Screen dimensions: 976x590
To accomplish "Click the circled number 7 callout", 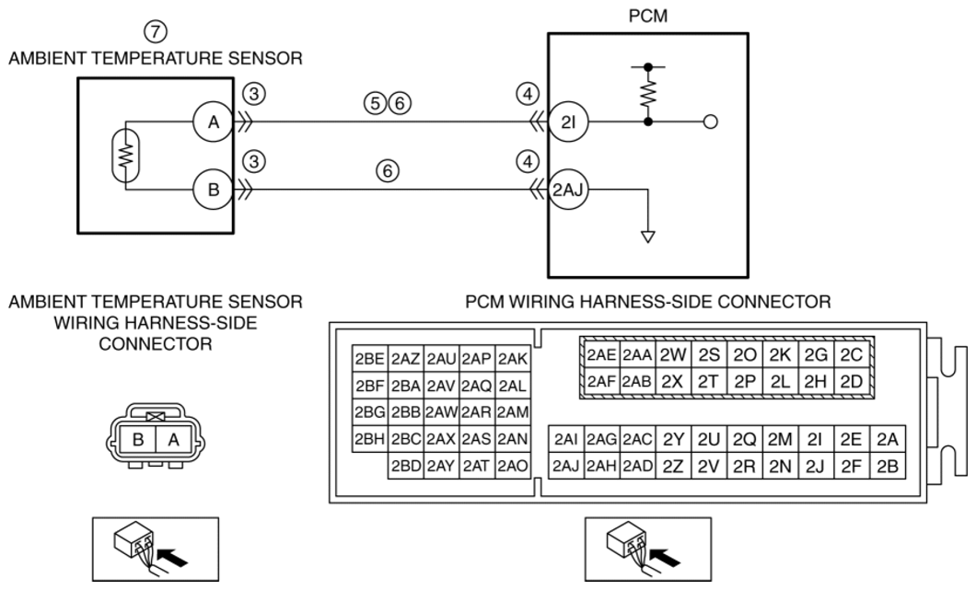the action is coord(156,31).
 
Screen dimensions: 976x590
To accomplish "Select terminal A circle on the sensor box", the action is coord(213,122).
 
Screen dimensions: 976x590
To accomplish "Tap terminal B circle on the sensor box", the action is coord(213,189).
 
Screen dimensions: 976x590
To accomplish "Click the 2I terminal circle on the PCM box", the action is coord(568,122).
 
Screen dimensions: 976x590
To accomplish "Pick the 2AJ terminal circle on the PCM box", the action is coord(568,190).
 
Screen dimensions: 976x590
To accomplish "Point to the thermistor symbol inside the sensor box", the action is coord(126,155).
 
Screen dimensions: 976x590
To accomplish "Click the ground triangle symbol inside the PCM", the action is coord(648,237).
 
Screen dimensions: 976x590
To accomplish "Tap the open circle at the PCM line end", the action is coord(710,122).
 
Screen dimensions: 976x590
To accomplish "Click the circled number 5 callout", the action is coord(375,103).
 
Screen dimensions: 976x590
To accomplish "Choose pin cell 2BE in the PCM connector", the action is coord(370,359).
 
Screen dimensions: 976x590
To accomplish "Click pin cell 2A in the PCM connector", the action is coord(888,439).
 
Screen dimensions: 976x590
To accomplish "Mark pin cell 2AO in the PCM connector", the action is coord(514,466).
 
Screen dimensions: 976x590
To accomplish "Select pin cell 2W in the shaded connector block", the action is coord(673,354).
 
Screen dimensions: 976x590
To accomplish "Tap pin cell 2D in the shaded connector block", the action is coord(852,381).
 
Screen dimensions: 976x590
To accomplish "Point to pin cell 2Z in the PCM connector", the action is coord(673,466).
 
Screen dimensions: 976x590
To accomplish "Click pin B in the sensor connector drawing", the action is coord(138,439).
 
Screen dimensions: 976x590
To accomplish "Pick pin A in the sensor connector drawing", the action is coord(173,439).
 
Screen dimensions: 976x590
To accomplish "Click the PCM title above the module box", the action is coord(648,17).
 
